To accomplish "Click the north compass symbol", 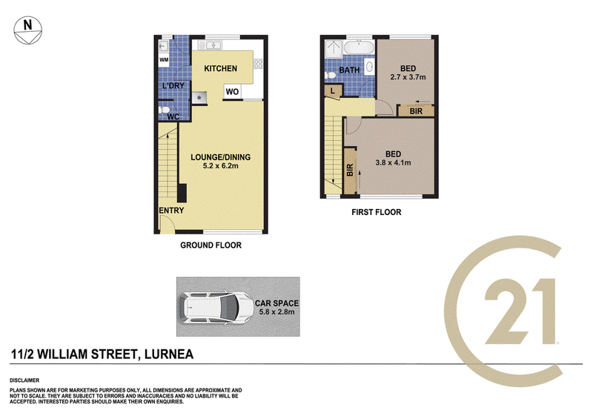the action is point(27,30).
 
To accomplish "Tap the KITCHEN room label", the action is point(220,68).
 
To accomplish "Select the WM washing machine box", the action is point(164,60).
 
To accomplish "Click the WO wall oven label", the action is point(232,91).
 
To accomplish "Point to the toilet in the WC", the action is point(164,110).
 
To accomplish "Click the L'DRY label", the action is point(173,85).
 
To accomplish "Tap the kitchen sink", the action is point(210,45).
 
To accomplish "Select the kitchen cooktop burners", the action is point(258,64).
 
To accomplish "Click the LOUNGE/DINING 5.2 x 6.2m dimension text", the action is point(220,165).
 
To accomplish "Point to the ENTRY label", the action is point(171,211).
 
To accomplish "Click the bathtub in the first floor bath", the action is point(360,47).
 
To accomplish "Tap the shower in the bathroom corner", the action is point(334,48).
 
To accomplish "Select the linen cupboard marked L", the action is point(333,91).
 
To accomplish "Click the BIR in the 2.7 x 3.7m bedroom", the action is point(416,111).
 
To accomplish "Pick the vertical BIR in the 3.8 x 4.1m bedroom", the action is point(350,170).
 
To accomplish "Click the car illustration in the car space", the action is point(216,307).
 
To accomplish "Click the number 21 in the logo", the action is point(521,311).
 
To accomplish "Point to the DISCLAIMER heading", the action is point(24,380).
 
